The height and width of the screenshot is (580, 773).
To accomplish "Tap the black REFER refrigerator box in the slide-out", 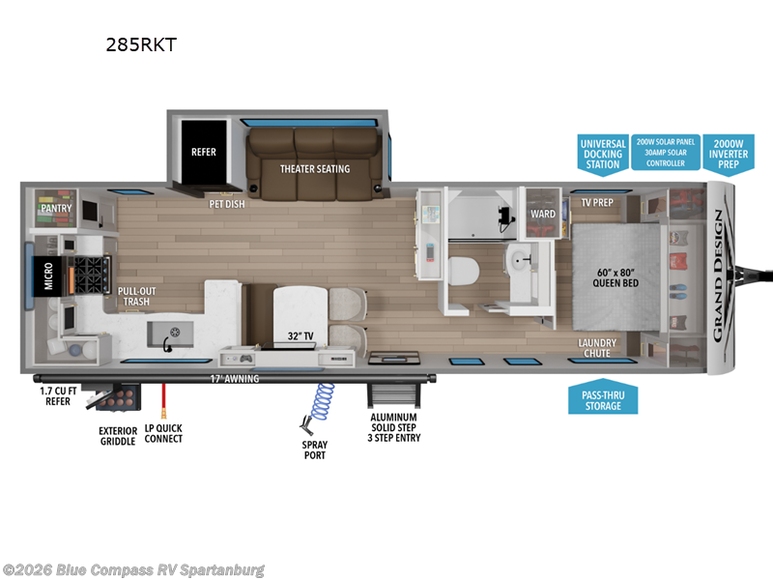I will [203, 152].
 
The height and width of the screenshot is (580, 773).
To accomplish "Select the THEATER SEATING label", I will [315, 169].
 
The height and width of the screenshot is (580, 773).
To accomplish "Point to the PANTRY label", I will [55, 206].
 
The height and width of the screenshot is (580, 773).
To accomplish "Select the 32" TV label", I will [301, 335].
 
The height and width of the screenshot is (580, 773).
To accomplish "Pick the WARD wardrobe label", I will [543, 214].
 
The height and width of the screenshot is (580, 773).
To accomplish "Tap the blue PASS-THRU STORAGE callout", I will [601, 400].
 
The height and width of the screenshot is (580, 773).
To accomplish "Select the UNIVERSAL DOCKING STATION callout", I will [601, 154].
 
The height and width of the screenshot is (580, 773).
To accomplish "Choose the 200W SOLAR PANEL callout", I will [665, 152].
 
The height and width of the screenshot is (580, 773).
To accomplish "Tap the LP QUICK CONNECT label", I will [162, 433].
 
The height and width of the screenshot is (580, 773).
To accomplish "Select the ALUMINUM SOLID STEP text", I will [394, 422].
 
